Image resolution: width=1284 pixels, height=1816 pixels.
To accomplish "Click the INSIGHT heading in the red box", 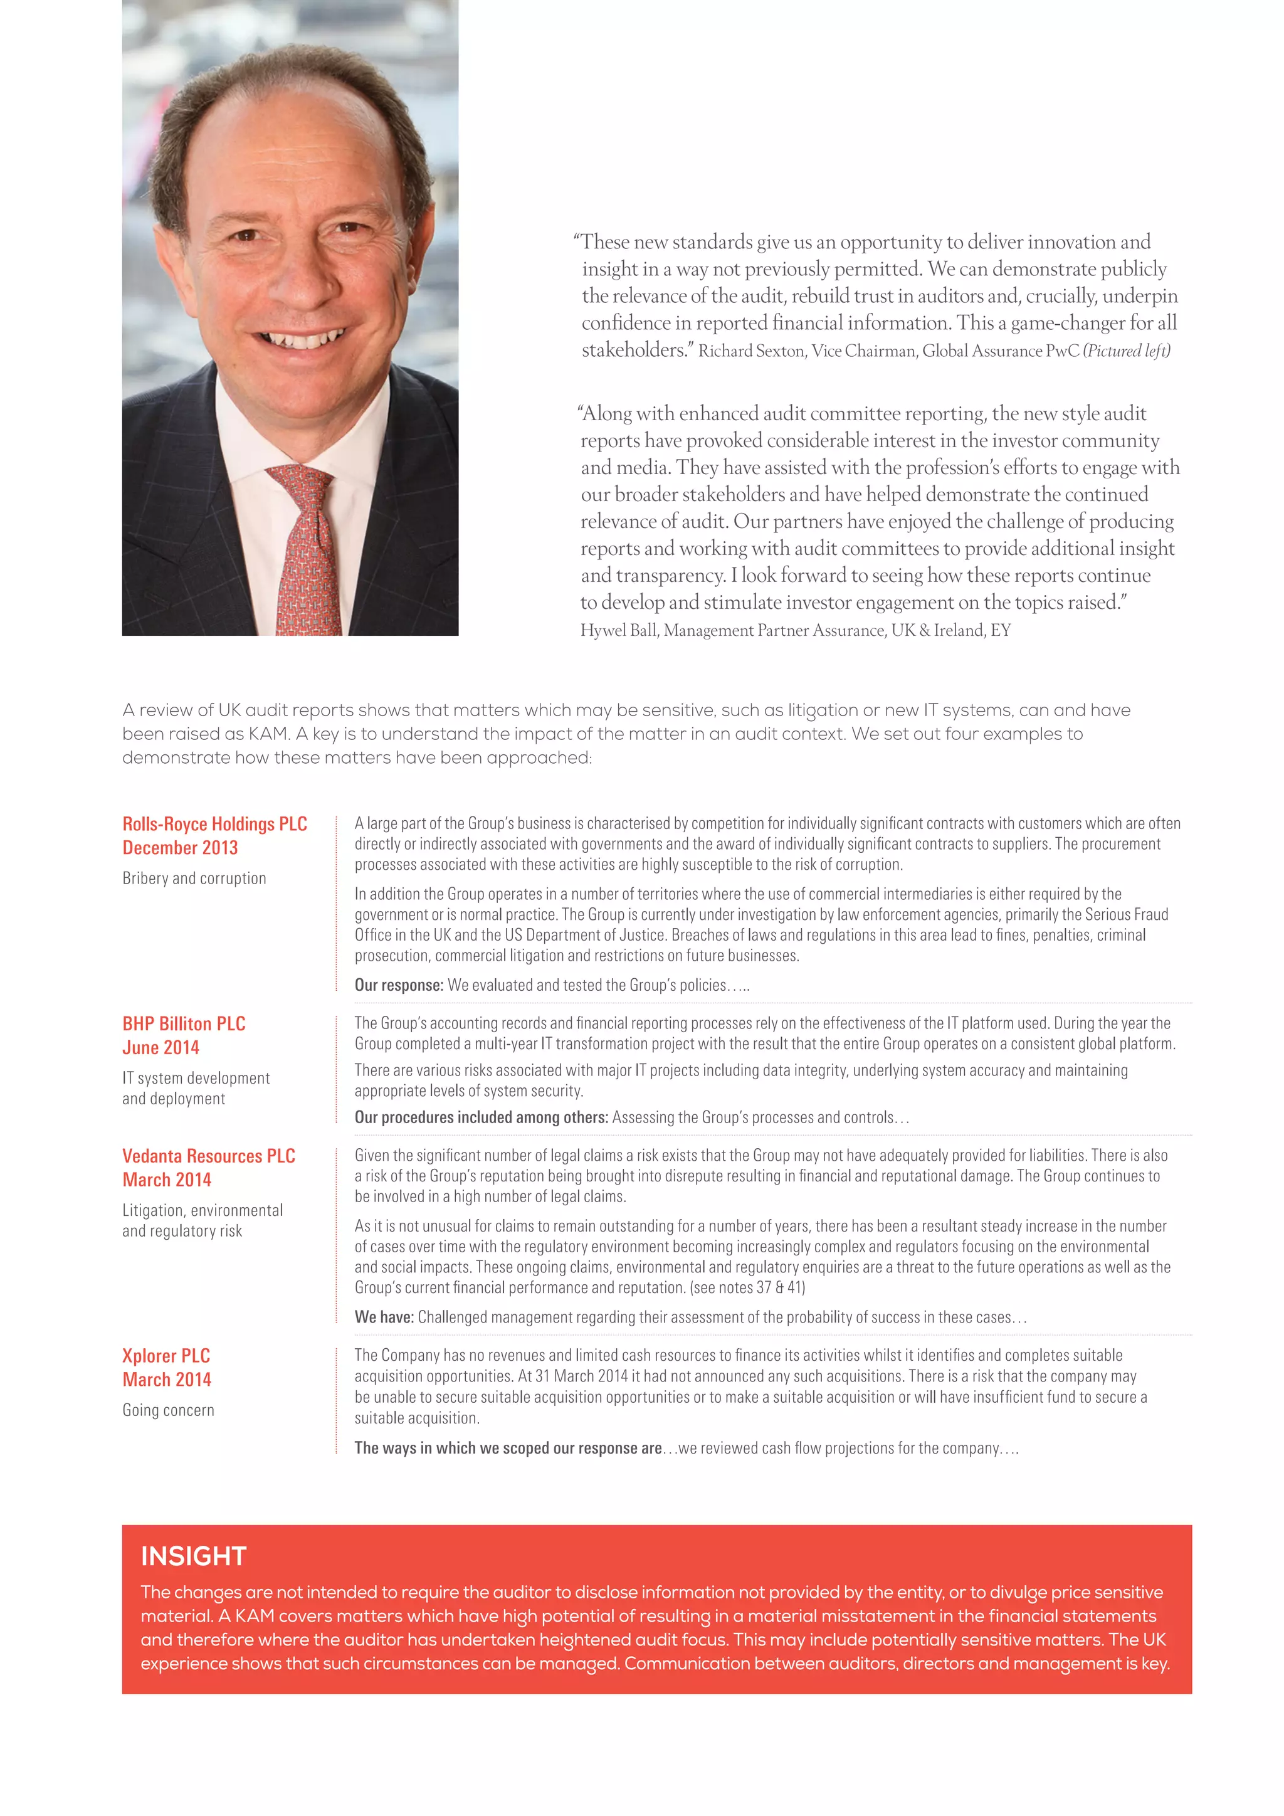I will pos(194,1556).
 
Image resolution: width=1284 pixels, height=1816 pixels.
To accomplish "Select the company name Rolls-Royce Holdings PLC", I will pos(214,823).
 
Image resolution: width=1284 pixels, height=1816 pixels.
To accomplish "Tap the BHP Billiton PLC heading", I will pos(184,1023).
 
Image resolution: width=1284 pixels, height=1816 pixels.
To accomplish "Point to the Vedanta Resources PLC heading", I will pos(209,1156).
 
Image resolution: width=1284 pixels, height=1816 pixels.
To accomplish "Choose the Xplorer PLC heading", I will pos(166,1356).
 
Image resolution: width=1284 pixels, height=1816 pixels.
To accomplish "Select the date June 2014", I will pos(160,1047).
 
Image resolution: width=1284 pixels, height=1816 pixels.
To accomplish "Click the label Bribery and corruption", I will pos(194,878).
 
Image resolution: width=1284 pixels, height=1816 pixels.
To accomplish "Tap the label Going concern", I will pos(167,1410).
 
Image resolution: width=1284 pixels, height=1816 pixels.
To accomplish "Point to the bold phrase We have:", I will pos(384,1317).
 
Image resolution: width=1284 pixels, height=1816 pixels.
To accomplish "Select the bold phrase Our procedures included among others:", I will pos(481,1117).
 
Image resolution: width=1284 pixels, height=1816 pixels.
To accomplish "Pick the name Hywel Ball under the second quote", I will pos(618,630).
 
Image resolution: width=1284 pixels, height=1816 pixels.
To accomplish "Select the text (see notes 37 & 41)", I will pos(747,1287).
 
